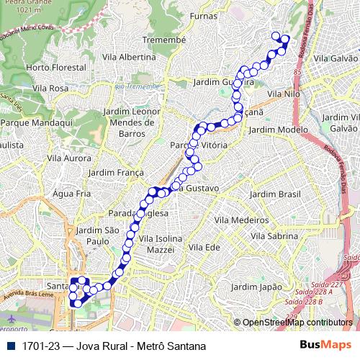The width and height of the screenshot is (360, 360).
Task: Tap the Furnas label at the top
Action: [x=204, y=15]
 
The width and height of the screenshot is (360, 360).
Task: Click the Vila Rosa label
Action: [x=50, y=88]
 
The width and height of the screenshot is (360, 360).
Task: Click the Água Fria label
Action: [x=71, y=194]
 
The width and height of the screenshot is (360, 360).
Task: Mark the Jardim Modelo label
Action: [x=278, y=130]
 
